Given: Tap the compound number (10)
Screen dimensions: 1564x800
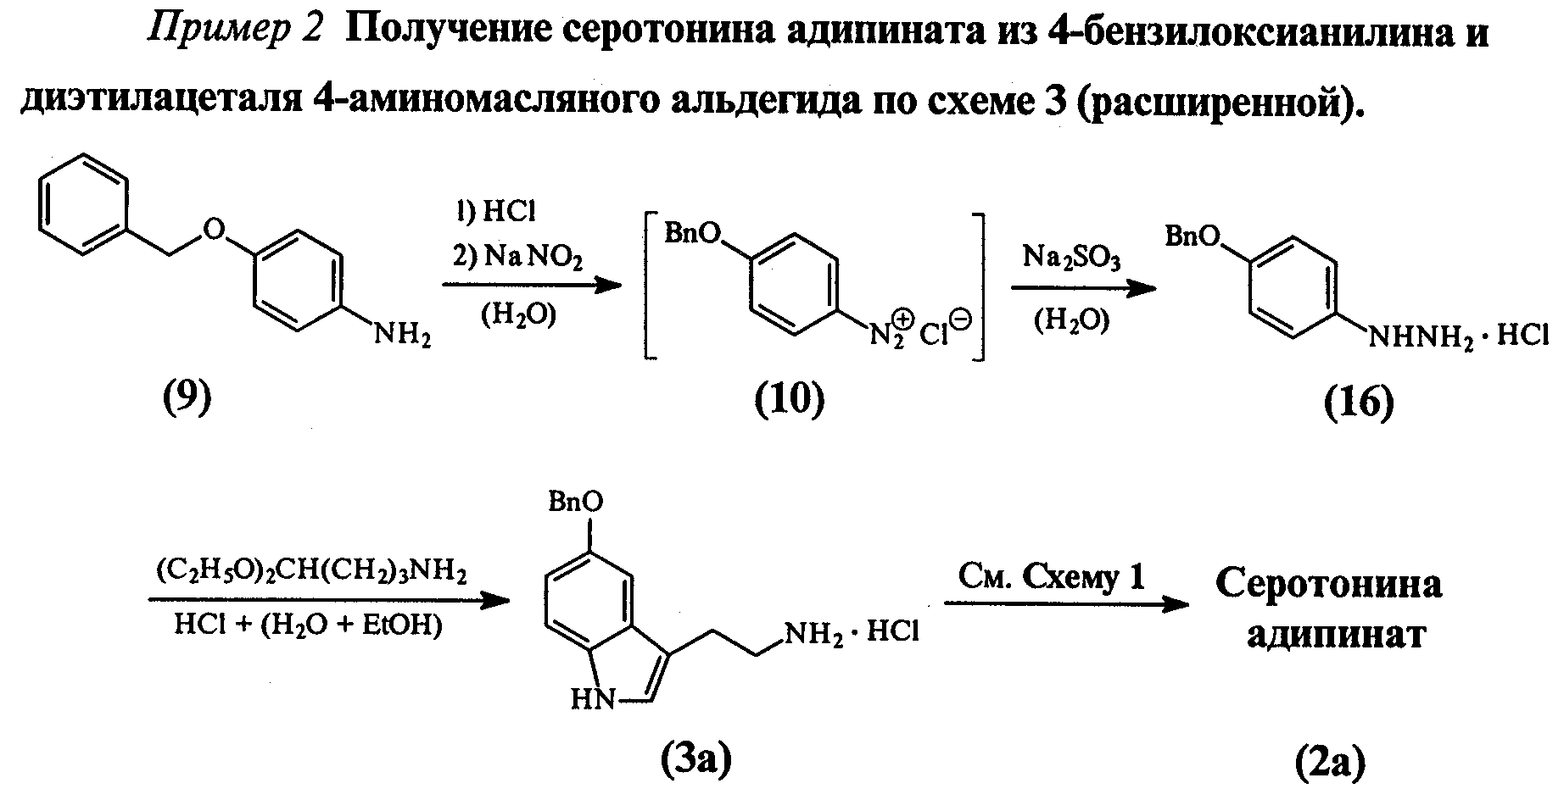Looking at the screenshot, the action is click(789, 397).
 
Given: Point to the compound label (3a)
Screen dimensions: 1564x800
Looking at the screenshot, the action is click(695, 759).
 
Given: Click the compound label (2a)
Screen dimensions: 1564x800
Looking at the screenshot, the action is click(1330, 762).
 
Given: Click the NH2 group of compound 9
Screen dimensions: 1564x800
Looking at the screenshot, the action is click(403, 336).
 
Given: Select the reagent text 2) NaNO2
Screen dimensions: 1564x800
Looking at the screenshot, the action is click(517, 256).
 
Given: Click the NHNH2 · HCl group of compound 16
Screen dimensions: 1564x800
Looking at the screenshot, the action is click(1456, 337).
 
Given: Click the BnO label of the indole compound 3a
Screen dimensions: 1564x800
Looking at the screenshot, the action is click(576, 503).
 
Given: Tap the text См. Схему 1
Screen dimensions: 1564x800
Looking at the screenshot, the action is click(1052, 577).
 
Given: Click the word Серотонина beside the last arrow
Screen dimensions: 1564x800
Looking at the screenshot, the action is click(1328, 584).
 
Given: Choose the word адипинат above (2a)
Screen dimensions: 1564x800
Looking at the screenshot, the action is click(1335, 635).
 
